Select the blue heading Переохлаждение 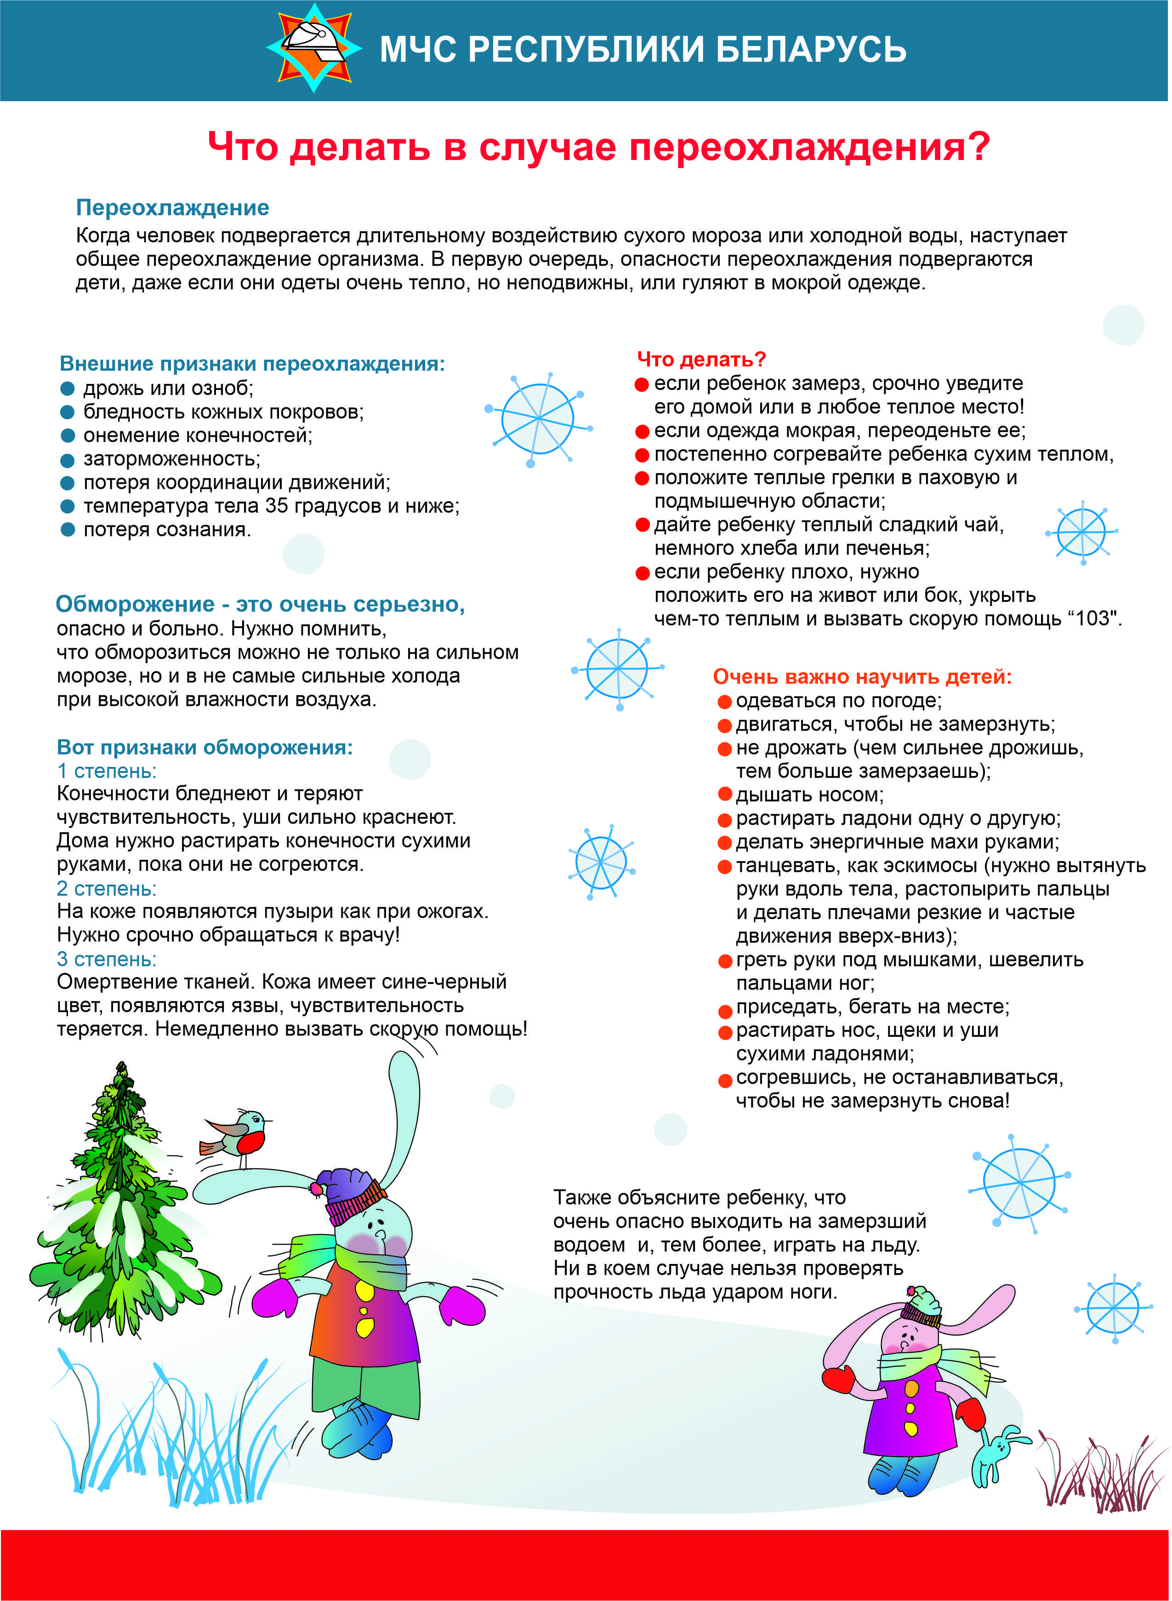point(172,207)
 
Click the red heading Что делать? point(701,359)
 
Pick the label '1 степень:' point(107,771)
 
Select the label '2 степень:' point(107,888)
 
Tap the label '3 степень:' point(107,959)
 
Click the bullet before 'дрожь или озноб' point(68,388)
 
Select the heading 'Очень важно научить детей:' point(862,676)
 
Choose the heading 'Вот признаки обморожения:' point(205,747)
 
